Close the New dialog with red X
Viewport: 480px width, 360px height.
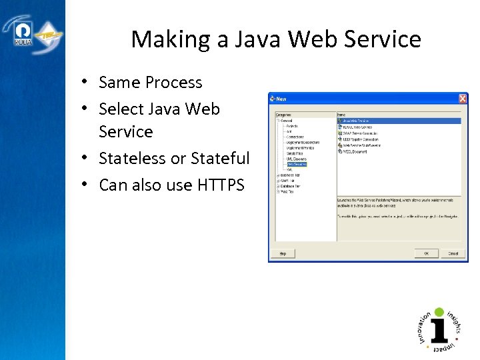point(462,99)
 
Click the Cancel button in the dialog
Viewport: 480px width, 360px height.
point(453,253)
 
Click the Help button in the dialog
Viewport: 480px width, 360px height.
point(283,253)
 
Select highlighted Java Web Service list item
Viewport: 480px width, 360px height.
point(363,121)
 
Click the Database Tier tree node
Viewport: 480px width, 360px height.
point(290,186)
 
